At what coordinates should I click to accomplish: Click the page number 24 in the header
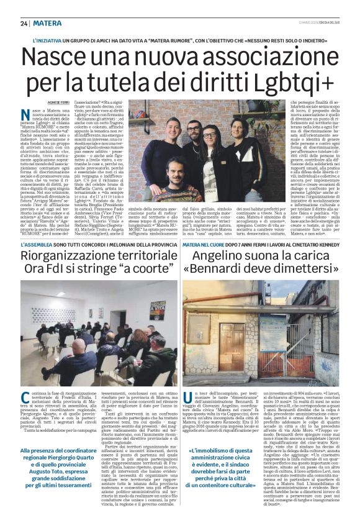coord(24,23)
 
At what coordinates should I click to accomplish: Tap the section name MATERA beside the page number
coord(47,23)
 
